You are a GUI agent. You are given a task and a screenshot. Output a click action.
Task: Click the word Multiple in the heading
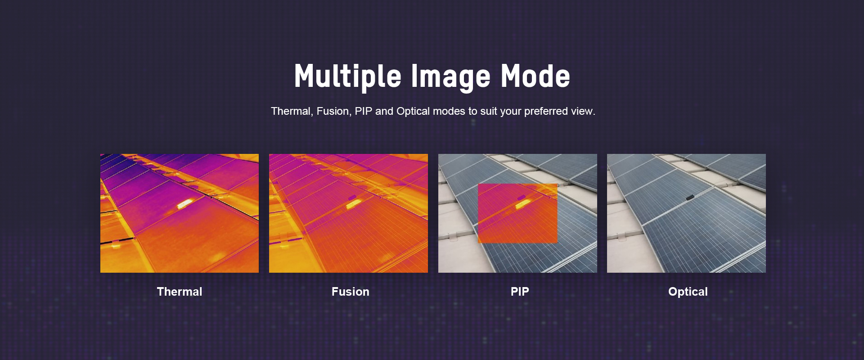tap(347, 76)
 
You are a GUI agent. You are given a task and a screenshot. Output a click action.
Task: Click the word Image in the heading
tap(450, 76)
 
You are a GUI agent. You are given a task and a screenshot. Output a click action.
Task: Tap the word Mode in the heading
tap(535, 76)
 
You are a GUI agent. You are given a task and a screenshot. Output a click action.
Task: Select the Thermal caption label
tap(180, 292)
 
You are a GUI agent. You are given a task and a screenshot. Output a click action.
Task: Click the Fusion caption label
tap(351, 292)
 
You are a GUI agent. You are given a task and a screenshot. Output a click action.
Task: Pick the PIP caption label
tap(520, 292)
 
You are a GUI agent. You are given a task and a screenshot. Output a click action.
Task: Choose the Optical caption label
tap(688, 292)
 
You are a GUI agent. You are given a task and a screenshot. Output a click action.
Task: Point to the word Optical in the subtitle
tap(413, 112)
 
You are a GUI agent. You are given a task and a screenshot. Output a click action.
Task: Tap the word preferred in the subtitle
tap(546, 112)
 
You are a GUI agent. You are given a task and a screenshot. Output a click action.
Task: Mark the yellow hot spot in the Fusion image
tap(354, 204)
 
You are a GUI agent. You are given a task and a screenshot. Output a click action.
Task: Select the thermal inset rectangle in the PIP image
tap(517, 213)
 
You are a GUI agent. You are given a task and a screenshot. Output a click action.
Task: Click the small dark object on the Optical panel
tap(690, 197)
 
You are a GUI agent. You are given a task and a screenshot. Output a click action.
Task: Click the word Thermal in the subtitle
tap(292, 111)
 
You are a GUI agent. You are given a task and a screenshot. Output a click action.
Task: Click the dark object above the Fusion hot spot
tap(351, 198)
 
